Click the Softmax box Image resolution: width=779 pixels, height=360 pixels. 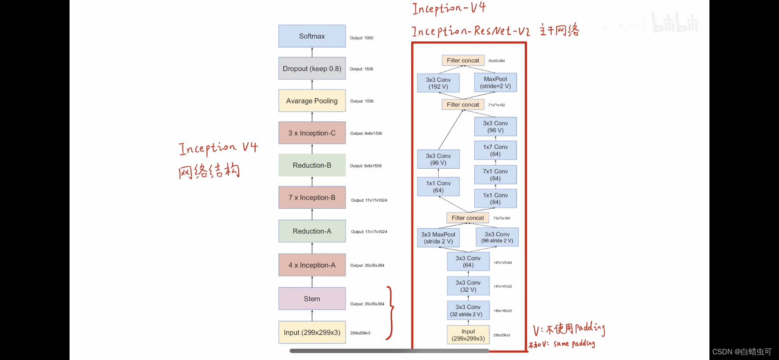click(312, 36)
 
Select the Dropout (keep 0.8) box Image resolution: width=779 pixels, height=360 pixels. click(312, 69)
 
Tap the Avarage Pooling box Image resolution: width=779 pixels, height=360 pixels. click(312, 101)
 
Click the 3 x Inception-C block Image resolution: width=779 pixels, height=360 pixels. click(312, 133)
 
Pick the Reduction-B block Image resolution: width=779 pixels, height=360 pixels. click(312, 165)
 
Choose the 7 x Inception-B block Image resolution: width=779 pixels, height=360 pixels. click(312, 197)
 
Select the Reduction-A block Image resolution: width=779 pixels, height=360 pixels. click(312, 231)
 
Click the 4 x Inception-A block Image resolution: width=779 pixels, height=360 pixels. click(312, 265)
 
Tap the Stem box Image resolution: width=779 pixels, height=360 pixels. click(312, 299)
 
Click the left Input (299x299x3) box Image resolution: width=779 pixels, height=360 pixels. click(312, 333)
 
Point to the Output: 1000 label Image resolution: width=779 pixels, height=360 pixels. click(361, 38)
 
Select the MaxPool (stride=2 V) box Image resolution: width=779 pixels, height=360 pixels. click(495, 83)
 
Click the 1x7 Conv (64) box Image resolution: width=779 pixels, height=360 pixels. click(495, 150)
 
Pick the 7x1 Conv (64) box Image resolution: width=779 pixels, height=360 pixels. click(495, 175)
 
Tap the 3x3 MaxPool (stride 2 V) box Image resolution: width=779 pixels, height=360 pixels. click(438, 238)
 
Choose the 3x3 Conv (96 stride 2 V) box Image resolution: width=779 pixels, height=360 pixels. click(497, 237)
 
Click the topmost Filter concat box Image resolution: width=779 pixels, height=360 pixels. click(463, 60)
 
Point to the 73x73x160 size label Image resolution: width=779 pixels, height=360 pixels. click(502, 218)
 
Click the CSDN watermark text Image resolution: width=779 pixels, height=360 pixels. click(742, 352)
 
